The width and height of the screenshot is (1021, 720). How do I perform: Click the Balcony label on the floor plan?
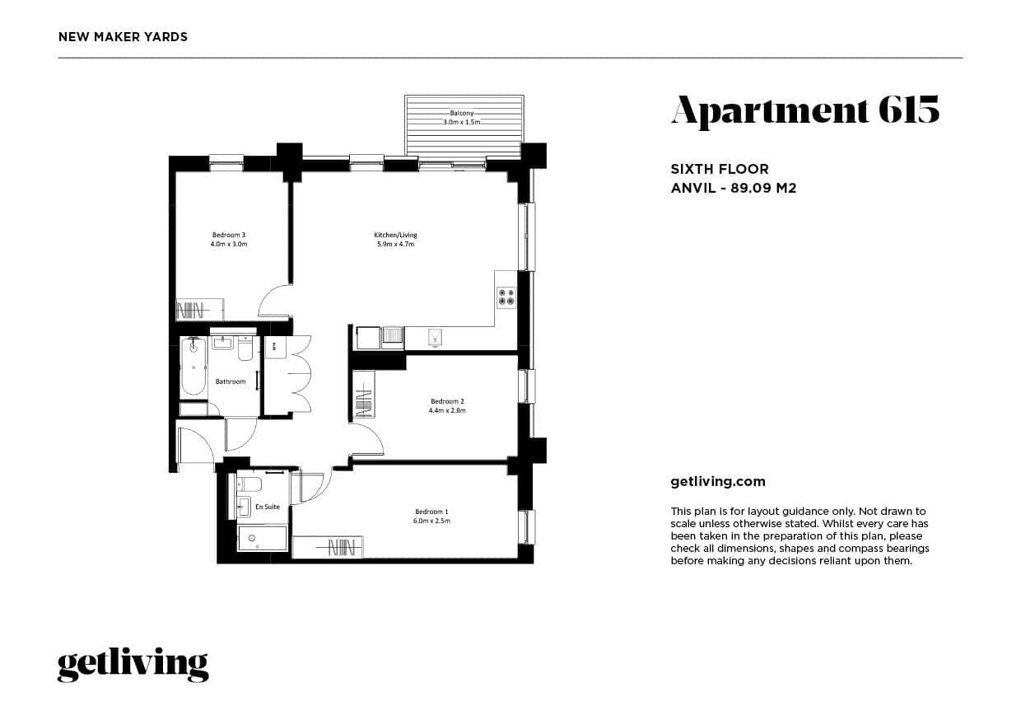coord(460,113)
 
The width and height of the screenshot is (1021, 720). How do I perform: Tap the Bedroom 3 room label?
coord(229,235)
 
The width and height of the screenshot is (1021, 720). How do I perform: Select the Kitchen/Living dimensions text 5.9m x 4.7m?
coord(395,245)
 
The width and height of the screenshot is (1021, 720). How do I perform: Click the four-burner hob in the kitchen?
coord(506,297)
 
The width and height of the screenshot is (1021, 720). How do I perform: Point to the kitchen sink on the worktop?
coord(434,336)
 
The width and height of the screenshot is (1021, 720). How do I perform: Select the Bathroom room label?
coord(231,381)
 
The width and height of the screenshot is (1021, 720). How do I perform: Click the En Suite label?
coord(267,507)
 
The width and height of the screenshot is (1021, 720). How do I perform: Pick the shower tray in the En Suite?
coord(263,539)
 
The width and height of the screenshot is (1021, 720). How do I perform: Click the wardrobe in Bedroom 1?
coord(328,547)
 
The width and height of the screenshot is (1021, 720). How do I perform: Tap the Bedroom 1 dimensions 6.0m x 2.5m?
coord(431,521)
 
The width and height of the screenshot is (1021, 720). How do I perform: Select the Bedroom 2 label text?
coord(447,401)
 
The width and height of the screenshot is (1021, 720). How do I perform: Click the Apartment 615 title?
coord(804,111)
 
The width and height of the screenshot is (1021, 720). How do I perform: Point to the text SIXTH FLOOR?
coord(720,170)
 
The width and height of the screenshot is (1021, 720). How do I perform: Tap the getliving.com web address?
coord(718,482)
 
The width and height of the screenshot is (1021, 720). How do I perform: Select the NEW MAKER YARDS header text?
coord(124,37)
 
